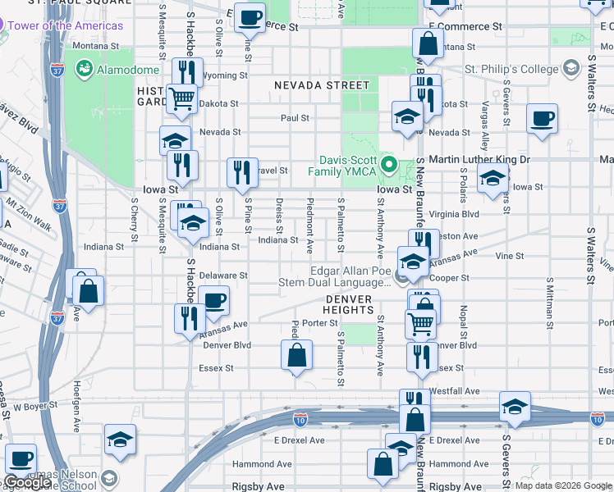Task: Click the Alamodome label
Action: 121,71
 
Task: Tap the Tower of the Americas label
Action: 66,25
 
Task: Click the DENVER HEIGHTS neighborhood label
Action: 349,304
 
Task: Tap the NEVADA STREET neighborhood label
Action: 322,85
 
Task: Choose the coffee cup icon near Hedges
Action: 542,118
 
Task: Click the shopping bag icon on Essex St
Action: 297,356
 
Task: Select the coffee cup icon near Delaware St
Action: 213,300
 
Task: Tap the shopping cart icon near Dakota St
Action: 181,98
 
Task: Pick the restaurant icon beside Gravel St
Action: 242,171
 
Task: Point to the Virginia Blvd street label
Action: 458,213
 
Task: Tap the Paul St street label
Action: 295,118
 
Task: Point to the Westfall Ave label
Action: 458,391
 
